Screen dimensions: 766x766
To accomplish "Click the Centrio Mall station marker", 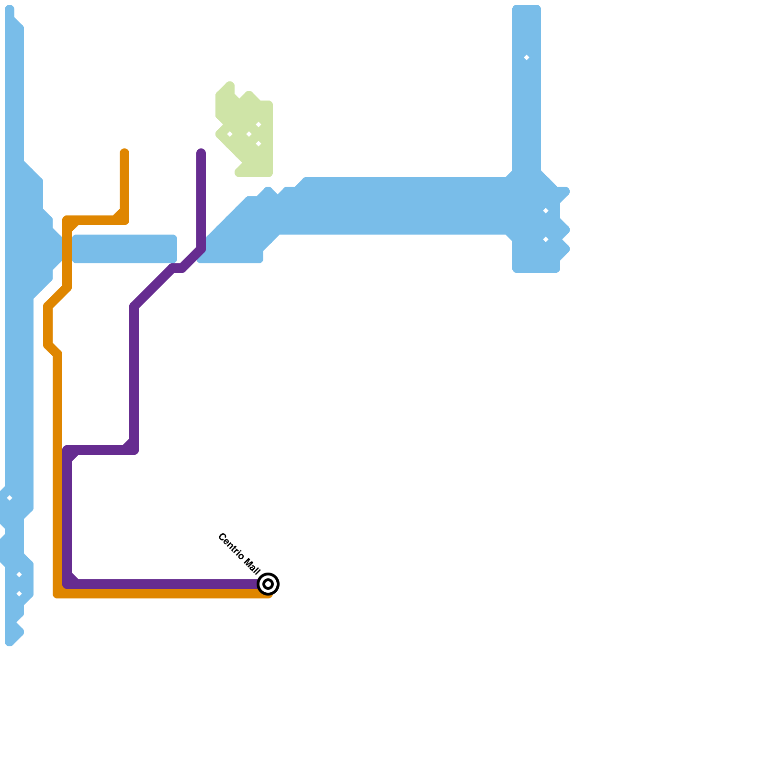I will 268,584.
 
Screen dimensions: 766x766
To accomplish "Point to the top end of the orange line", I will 124,153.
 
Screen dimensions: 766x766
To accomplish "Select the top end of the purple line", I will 201,153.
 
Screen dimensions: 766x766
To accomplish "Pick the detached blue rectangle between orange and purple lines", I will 124,249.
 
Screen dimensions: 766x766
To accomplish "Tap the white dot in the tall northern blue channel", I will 527,57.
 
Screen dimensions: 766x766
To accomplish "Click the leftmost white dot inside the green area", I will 230,134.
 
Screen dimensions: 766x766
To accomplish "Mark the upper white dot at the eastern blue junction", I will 546,211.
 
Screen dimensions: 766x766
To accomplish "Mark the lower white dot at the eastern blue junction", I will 546,239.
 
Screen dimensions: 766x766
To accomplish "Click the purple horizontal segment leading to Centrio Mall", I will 168,584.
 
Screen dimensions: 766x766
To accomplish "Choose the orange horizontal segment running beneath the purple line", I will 168,594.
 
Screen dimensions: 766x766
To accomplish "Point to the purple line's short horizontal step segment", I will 101,450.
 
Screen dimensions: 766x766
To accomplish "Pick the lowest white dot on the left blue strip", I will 19,594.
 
